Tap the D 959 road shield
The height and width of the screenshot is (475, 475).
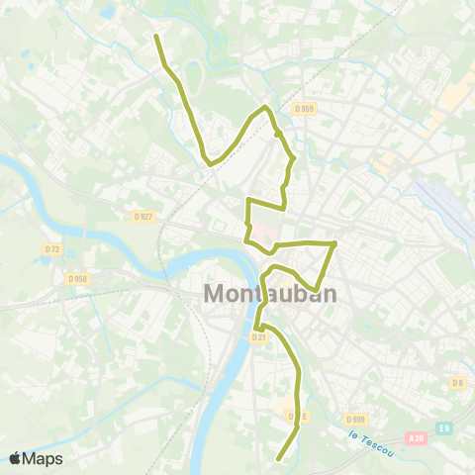(303, 108)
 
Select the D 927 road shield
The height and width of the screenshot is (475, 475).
(144, 216)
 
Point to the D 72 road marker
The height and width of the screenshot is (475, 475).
(52, 248)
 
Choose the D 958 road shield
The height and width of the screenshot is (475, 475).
(77, 279)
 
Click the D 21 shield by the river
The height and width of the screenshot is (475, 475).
(258, 336)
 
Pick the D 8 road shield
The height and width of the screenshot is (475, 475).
(456, 382)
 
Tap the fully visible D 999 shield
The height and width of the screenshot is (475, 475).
(356, 418)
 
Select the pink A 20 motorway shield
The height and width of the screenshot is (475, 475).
(417, 436)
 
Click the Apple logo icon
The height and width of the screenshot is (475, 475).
(15, 458)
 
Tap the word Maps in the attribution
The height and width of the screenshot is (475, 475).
(43, 458)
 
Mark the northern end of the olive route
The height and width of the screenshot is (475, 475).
(156, 37)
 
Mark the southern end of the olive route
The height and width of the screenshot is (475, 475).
(278, 459)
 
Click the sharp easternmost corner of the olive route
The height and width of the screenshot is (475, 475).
(336, 242)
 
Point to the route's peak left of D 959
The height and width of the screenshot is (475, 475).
(265, 107)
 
